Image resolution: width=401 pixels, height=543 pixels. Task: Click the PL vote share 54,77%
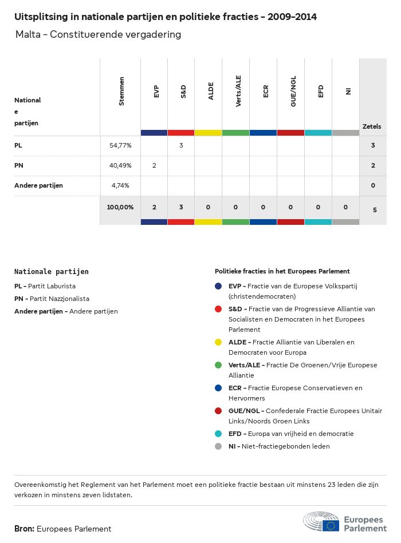[120, 146]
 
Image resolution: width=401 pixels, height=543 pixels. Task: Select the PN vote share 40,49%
[120, 165]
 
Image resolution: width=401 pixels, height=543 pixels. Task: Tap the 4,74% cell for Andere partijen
[120, 185]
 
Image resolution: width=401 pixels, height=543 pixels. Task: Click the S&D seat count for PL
[181, 145]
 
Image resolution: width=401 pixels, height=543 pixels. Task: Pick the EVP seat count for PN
[154, 165]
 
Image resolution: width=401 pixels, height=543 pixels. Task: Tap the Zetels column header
[372, 126]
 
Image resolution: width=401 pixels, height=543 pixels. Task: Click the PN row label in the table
[19, 165]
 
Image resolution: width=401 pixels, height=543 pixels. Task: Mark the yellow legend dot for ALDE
[218, 342]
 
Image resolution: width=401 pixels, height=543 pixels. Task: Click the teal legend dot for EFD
[218, 434]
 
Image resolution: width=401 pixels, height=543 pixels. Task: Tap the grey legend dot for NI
[218, 446]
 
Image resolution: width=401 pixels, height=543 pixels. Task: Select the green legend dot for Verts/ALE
[218, 365]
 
